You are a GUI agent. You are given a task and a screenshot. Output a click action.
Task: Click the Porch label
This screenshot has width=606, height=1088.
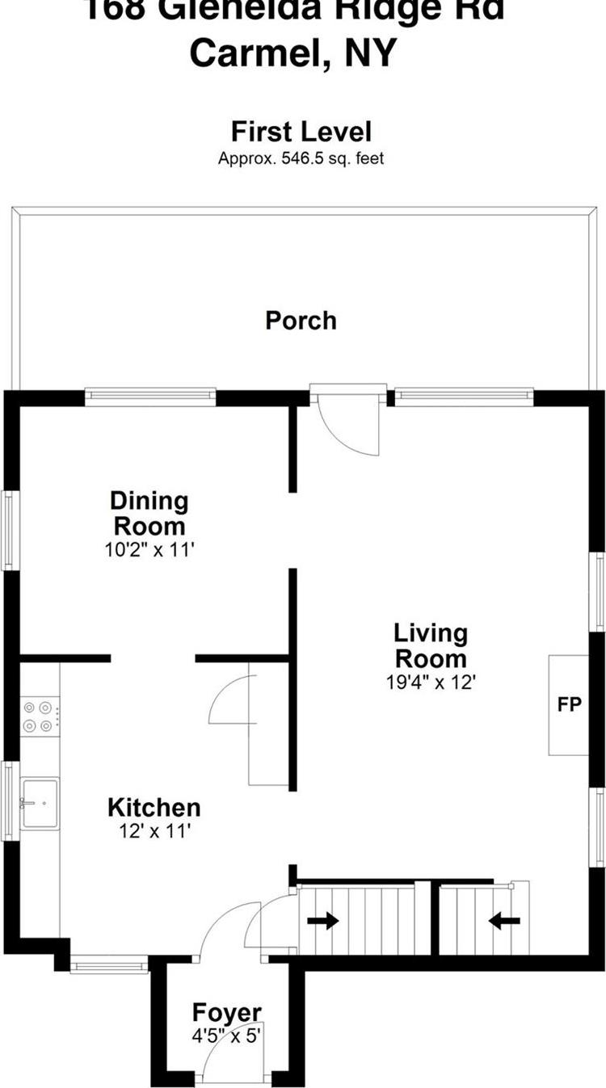tap(301, 321)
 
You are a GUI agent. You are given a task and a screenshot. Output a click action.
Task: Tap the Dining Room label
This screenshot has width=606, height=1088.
tap(149, 513)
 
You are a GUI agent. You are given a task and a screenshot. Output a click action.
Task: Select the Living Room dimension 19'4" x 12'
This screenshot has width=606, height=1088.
tap(430, 682)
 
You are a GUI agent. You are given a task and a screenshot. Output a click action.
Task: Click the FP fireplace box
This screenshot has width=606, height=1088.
tap(569, 704)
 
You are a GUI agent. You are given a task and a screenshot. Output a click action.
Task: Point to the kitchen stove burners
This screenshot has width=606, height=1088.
tap(39, 716)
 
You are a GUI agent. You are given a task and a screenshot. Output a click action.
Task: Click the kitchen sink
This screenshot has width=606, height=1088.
tap(40, 803)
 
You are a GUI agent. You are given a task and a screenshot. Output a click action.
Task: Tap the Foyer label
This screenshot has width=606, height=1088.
tap(226, 1012)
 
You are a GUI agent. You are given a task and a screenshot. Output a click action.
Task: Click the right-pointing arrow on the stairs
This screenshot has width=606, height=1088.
tap(322, 922)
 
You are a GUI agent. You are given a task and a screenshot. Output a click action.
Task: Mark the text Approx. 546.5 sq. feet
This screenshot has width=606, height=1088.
tap(301, 158)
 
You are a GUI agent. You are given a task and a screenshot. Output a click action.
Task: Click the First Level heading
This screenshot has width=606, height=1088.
tap(301, 132)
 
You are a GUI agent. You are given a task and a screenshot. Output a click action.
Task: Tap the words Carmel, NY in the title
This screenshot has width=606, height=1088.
tap(293, 54)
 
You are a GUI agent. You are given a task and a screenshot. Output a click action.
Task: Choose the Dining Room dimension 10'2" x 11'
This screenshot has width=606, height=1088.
tap(149, 549)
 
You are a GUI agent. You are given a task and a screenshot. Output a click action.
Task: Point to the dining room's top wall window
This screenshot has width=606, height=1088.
tap(150, 397)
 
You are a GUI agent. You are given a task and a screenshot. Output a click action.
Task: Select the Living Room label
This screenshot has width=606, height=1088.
tap(430, 645)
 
